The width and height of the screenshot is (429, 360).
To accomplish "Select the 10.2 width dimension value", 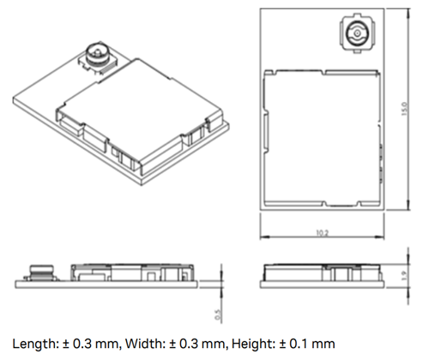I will coord(323,232).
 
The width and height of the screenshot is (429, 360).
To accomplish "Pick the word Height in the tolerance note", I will coord(249,344).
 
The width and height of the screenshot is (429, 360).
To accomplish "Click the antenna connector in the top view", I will coord(354,37).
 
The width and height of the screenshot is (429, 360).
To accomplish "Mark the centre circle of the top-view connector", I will coord(354,36).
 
